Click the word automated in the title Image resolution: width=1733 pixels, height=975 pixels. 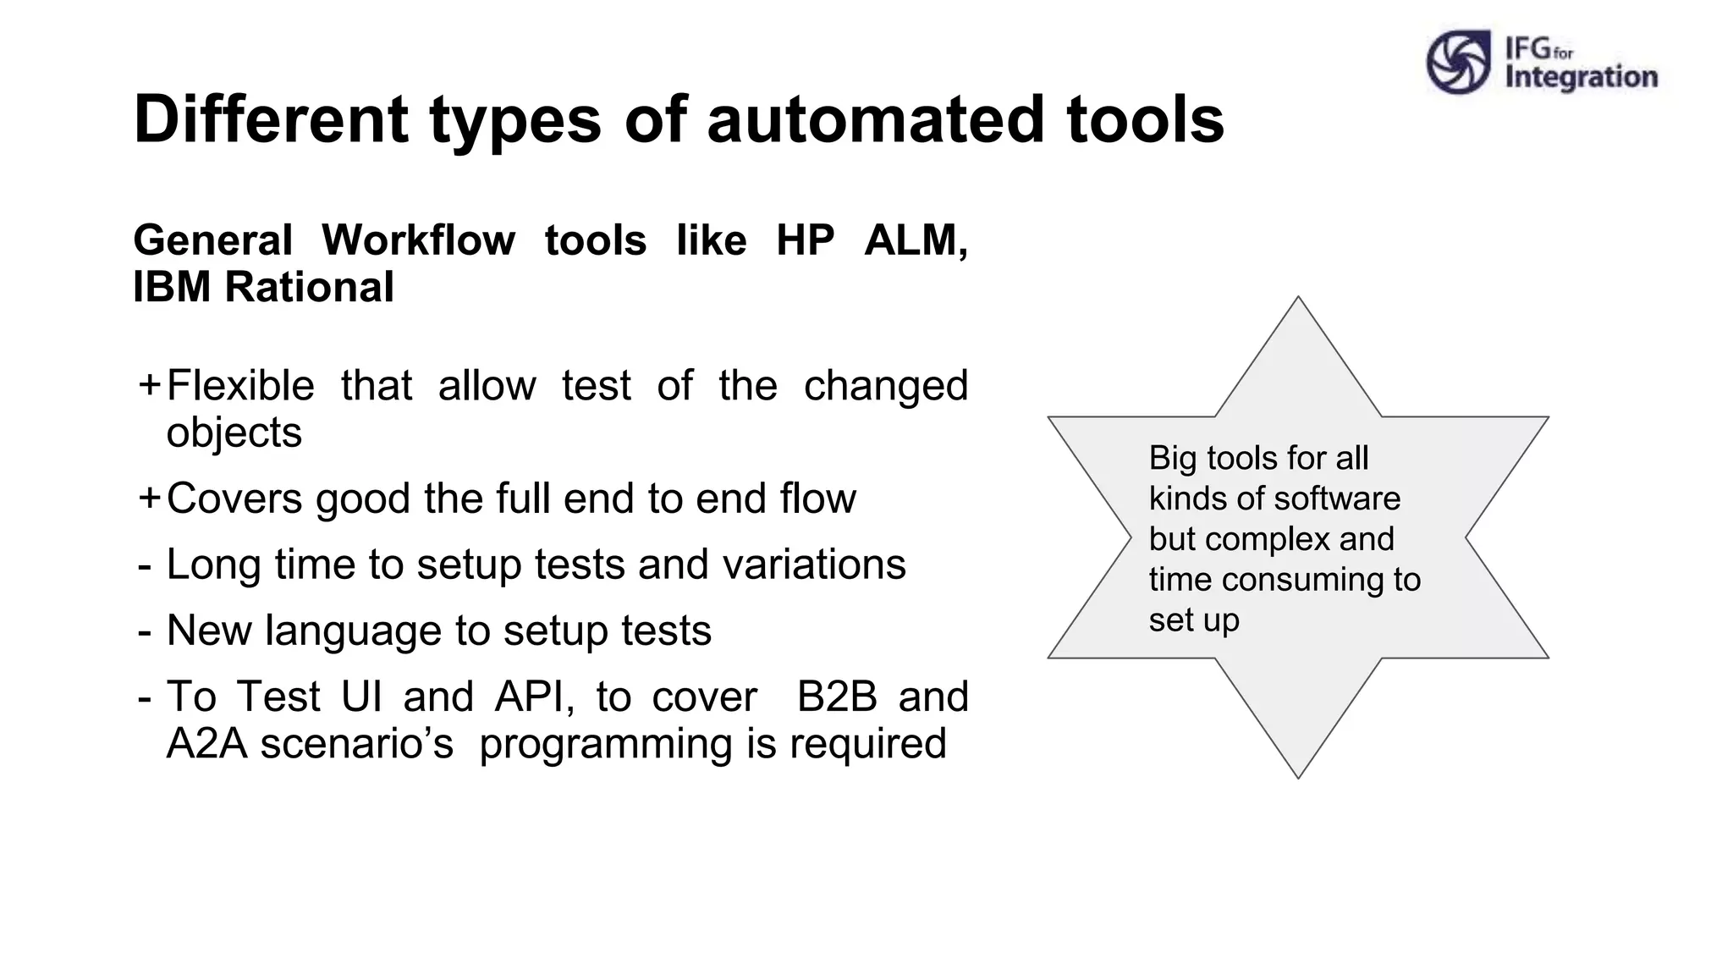(x=875, y=119)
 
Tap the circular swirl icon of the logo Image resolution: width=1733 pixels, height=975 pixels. (x=1457, y=62)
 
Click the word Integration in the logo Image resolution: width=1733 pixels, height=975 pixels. (x=1581, y=78)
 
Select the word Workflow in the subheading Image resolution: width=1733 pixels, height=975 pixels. (x=418, y=240)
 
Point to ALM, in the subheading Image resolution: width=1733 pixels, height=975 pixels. (x=916, y=240)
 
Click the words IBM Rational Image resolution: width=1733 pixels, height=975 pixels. (x=263, y=287)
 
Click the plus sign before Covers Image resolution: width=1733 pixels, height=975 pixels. (x=149, y=498)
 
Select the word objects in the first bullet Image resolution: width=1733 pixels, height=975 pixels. (x=234, y=433)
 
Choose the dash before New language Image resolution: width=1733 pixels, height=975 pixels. (x=145, y=631)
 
